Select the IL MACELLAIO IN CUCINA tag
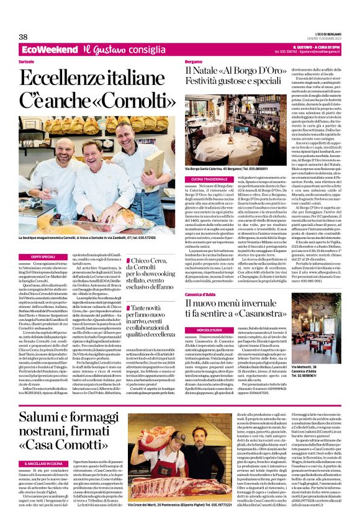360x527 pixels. click(x=43, y=463)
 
